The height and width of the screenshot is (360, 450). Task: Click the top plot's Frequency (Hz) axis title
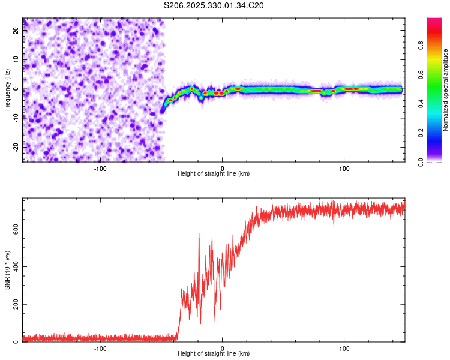click(x=7, y=89)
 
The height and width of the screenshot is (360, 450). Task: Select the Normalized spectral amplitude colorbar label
click(x=446, y=91)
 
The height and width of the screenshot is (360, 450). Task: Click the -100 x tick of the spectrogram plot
click(x=100, y=168)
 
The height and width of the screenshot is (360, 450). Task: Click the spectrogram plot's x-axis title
click(x=214, y=173)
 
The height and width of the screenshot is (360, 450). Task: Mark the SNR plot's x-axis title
click(x=214, y=354)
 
